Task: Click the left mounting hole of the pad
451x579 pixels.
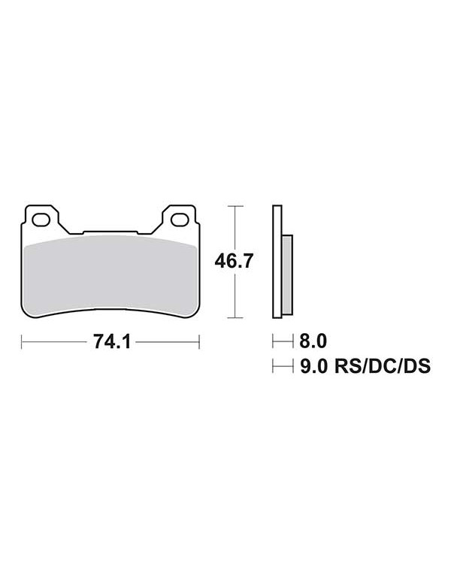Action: [41, 220]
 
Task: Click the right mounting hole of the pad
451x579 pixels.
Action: [180, 220]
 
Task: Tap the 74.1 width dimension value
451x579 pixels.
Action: [112, 341]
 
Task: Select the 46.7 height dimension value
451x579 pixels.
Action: [234, 262]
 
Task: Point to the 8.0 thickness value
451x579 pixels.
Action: [313, 341]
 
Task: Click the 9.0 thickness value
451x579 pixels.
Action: [313, 366]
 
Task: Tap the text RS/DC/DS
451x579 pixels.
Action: [382, 366]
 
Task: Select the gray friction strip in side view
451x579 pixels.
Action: [287, 275]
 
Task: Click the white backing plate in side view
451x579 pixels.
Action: [277, 262]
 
